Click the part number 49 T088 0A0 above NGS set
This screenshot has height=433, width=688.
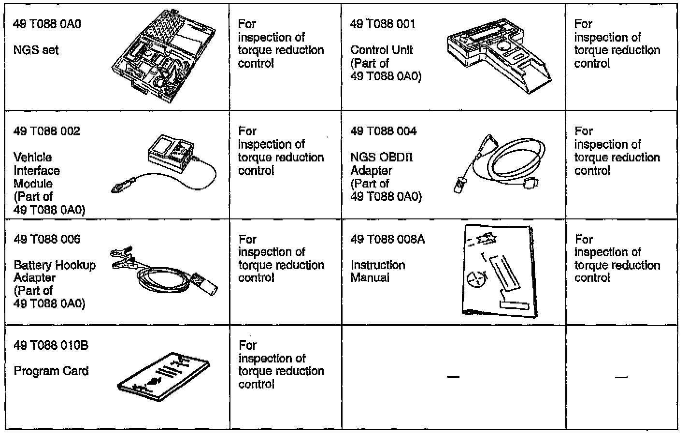pyautogui.click(x=47, y=24)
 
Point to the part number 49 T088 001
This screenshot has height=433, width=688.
pyautogui.click(x=383, y=24)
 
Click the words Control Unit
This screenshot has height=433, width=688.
pyautogui.click(x=382, y=50)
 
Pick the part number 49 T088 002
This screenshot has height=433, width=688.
pyautogui.click(x=47, y=131)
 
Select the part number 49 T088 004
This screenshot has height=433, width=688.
pyautogui.click(x=384, y=131)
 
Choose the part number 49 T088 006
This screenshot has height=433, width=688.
pyautogui.click(x=47, y=239)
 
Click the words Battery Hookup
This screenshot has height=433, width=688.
pyautogui.click(x=55, y=265)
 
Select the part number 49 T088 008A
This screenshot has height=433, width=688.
pyautogui.click(x=387, y=239)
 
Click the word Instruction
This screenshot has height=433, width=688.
pyautogui.click(x=378, y=265)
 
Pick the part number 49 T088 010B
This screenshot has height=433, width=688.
pyautogui.click(x=51, y=346)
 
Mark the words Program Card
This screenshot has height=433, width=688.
pyautogui.click(x=51, y=372)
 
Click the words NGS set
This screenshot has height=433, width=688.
pyautogui.click(x=36, y=50)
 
